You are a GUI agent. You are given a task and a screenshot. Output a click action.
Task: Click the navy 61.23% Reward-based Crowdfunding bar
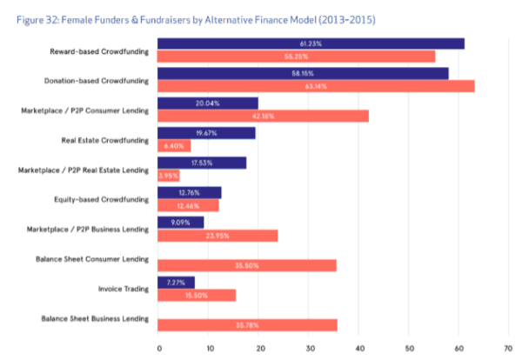pyautogui.click(x=311, y=43)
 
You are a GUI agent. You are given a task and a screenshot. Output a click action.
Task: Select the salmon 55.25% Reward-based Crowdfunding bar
pyautogui.click(x=296, y=57)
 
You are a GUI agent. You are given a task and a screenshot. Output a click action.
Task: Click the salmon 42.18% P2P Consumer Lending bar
pyautogui.click(x=263, y=117)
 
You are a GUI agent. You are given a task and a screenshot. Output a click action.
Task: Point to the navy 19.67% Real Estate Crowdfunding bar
pyautogui.click(x=206, y=133)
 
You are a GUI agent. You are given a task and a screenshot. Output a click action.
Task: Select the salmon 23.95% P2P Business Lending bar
pyautogui.click(x=217, y=235)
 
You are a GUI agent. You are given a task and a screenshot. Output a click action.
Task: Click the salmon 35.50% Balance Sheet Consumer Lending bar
pyautogui.click(x=246, y=265)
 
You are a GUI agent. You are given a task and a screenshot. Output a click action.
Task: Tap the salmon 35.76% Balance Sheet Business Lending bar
pyautogui.click(x=247, y=325)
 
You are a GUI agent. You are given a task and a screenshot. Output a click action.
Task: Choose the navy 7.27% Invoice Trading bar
pyautogui.click(x=176, y=282)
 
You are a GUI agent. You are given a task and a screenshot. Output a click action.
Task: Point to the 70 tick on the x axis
pyautogui.click(x=508, y=348)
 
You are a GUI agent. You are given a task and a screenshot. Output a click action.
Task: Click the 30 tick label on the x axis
pyautogui.click(x=309, y=348)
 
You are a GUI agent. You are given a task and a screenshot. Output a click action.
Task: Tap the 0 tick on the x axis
pyautogui.click(x=159, y=348)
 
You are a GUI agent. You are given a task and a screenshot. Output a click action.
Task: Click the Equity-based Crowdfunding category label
pyautogui.click(x=104, y=199)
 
